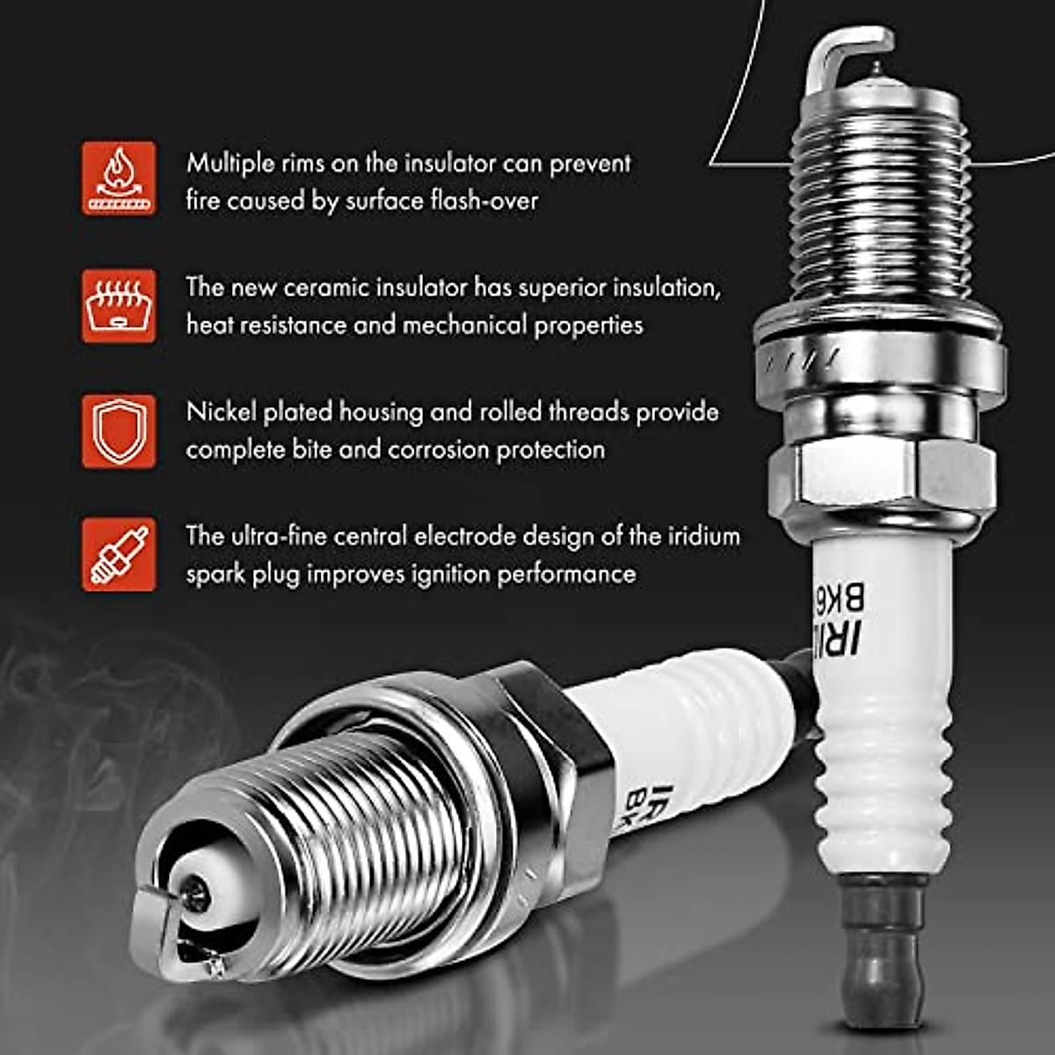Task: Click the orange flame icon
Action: pos(119,178)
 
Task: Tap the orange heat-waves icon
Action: pos(119,305)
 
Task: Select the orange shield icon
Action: pos(119,431)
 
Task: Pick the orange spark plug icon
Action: pos(119,555)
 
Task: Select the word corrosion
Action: pos(438,449)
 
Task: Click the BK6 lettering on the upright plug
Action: pos(850,599)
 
